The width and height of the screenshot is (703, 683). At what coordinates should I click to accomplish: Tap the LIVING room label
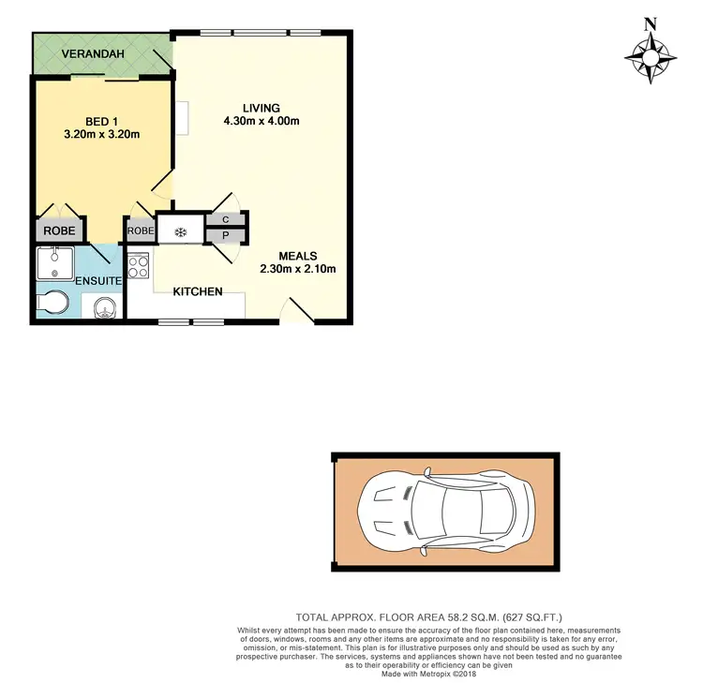click(261, 108)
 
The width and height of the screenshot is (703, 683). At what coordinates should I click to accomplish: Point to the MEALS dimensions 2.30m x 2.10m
click(297, 269)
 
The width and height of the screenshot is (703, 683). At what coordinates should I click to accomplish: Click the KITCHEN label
click(197, 291)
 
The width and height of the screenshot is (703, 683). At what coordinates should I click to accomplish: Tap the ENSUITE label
click(97, 280)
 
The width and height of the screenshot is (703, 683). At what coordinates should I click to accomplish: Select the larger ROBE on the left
click(60, 230)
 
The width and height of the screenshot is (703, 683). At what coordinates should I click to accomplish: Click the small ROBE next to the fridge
click(141, 230)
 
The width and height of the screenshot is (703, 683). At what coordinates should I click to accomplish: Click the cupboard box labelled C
click(226, 220)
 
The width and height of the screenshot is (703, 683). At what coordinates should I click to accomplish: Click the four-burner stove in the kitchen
click(139, 267)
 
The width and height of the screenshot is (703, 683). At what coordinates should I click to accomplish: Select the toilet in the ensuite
click(52, 303)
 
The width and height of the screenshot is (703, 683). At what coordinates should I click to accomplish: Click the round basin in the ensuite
click(107, 307)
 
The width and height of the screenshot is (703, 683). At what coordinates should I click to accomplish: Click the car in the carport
click(446, 512)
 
